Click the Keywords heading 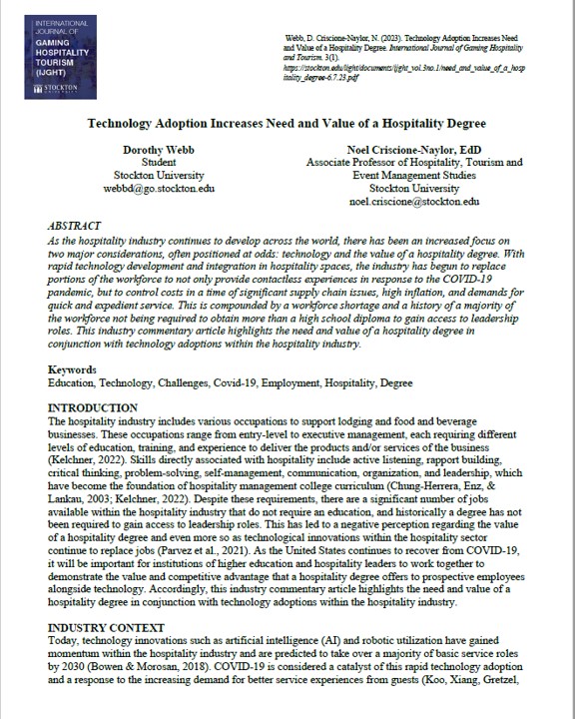(75, 370)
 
